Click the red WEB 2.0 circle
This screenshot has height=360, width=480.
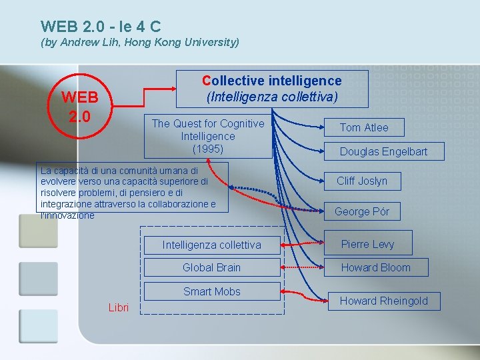pos(80,107)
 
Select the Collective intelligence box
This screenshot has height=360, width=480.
pos(272,89)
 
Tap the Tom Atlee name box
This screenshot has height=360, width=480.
pos(363,127)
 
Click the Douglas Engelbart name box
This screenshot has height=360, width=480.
pos(383,151)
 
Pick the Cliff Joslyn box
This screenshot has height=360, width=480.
pos(361,181)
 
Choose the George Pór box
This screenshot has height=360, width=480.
pos(361,211)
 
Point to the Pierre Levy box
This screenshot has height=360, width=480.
pos(367,244)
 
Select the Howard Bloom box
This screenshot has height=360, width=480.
pos(375,267)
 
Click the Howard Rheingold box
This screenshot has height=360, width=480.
pos(383,301)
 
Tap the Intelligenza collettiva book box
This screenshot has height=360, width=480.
pos(211,245)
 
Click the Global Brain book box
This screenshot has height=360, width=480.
pos(211,267)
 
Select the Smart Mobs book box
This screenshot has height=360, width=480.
pos(211,291)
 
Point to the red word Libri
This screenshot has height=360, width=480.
pos(119,307)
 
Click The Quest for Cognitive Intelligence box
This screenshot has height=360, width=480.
pos(208,135)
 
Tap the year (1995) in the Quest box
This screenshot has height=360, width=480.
pos(208,148)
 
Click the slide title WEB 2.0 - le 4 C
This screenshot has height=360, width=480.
pos(101,27)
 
